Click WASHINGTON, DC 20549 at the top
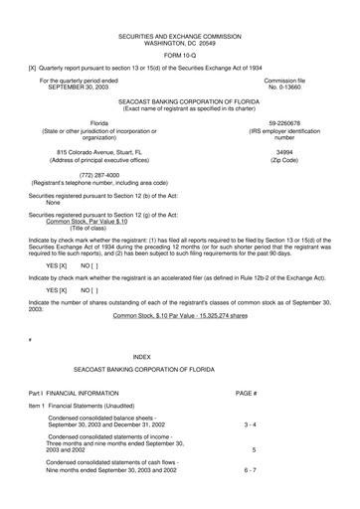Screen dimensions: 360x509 179,41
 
